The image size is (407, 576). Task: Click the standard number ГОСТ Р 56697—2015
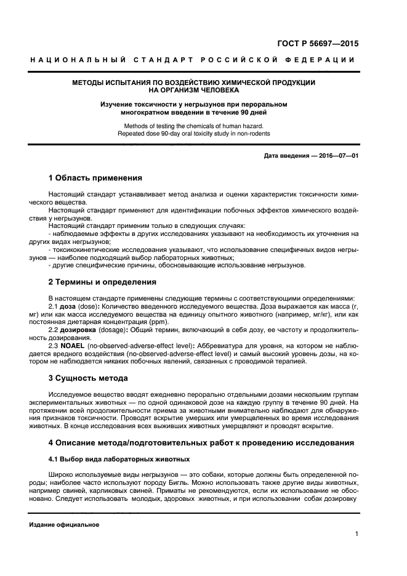320,44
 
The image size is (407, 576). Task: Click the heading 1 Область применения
95,178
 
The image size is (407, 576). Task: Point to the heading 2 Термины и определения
102,282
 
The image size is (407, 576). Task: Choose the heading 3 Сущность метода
88,378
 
